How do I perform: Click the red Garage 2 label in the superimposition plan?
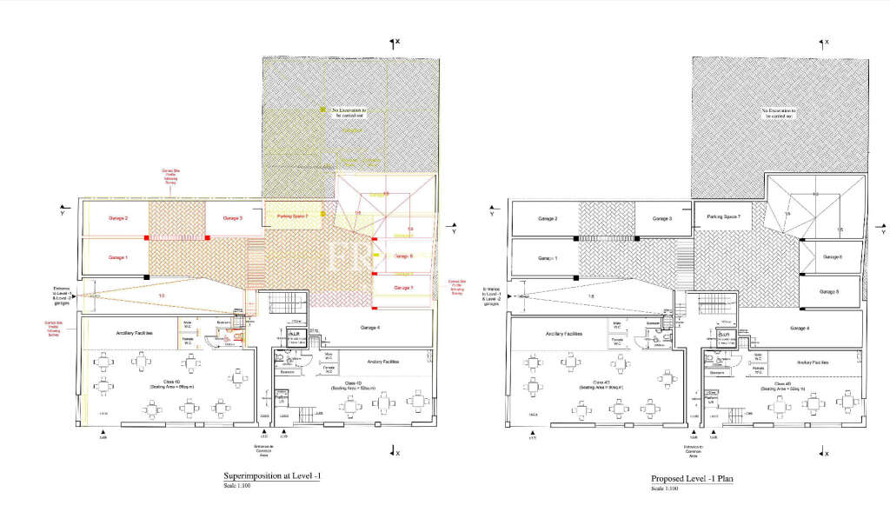coord(117,218)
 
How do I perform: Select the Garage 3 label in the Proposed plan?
coord(664,218)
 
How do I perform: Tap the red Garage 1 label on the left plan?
coord(117,257)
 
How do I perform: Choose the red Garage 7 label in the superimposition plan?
coord(402,286)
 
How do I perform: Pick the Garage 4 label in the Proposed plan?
coord(800,328)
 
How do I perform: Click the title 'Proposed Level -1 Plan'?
coord(694,479)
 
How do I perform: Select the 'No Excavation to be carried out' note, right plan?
coord(778,115)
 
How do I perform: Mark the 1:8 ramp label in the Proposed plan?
coord(591,296)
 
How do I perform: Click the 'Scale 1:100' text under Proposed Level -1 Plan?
coord(665,489)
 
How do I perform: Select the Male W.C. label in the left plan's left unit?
coord(187,325)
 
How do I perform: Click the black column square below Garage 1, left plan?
coord(146,276)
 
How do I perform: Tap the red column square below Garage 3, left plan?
coord(209,237)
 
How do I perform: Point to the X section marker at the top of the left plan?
coord(394,42)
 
